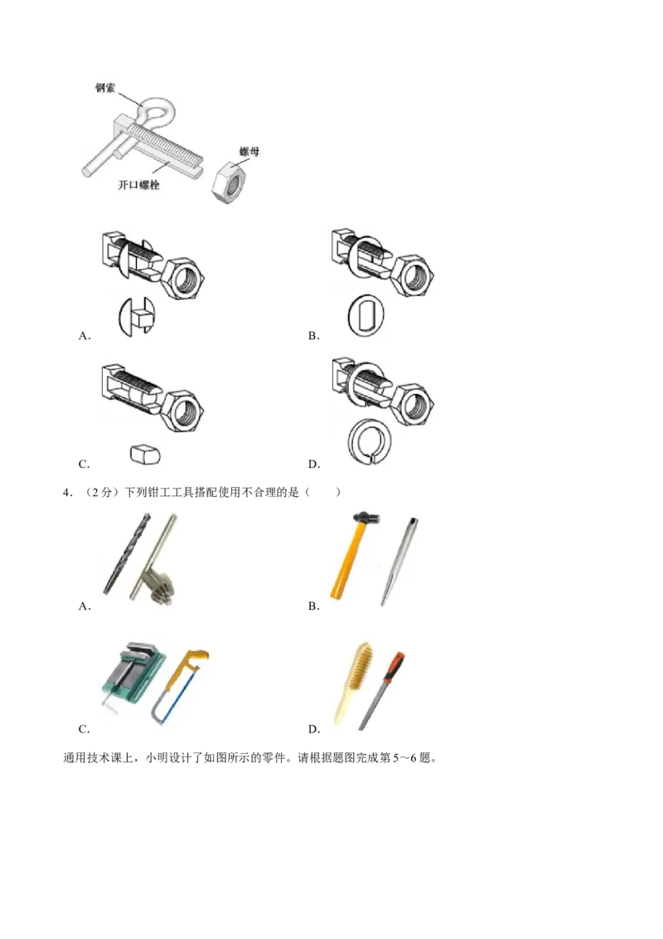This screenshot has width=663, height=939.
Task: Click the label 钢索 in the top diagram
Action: (105, 87)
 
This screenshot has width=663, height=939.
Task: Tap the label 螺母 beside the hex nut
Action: (249, 152)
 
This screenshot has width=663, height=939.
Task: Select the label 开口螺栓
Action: (138, 185)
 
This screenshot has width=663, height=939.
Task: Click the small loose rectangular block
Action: (144, 453)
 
